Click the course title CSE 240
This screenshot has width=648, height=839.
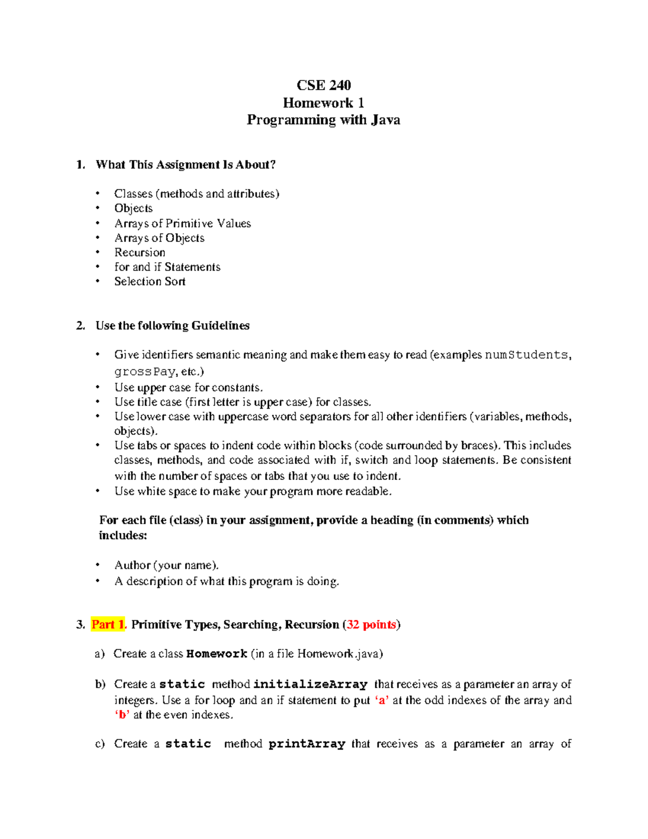[323, 85]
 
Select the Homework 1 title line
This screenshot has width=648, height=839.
[323, 103]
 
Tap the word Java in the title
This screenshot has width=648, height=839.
[385, 120]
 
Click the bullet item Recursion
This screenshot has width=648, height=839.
[140, 252]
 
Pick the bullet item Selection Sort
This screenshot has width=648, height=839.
[150, 281]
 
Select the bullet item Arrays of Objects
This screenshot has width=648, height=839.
[159, 238]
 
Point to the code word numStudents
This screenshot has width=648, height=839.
[526, 355]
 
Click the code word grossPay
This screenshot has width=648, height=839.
[145, 372]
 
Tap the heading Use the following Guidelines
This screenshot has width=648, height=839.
[172, 325]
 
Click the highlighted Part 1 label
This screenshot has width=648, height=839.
[108, 625]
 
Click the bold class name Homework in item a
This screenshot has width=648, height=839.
[217, 654]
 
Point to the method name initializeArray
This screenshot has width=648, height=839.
[310, 684]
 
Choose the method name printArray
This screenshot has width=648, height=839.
[307, 744]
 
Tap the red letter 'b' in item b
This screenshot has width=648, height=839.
[122, 715]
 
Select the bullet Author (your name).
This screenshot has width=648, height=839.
[166, 565]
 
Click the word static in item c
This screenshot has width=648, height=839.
[188, 744]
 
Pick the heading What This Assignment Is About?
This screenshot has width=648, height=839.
[185, 165]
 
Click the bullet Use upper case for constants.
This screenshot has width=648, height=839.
[188, 387]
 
